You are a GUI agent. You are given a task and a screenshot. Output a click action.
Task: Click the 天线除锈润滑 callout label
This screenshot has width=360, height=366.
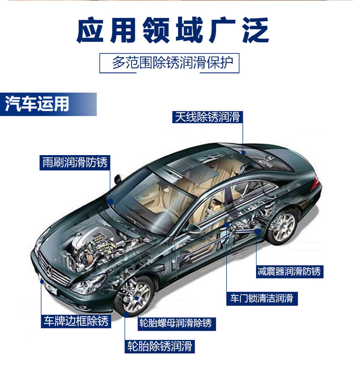[207, 118]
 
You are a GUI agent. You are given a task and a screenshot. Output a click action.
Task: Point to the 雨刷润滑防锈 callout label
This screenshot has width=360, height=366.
[75, 162]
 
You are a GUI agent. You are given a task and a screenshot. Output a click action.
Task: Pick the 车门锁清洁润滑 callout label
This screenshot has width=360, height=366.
[262, 299]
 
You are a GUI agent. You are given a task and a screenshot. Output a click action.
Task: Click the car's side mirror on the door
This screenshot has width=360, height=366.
[193, 229]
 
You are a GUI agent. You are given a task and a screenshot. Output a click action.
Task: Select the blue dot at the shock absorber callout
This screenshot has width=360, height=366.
[257, 232]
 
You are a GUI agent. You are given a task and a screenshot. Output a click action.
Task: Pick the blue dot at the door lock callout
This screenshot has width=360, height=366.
[227, 225]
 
